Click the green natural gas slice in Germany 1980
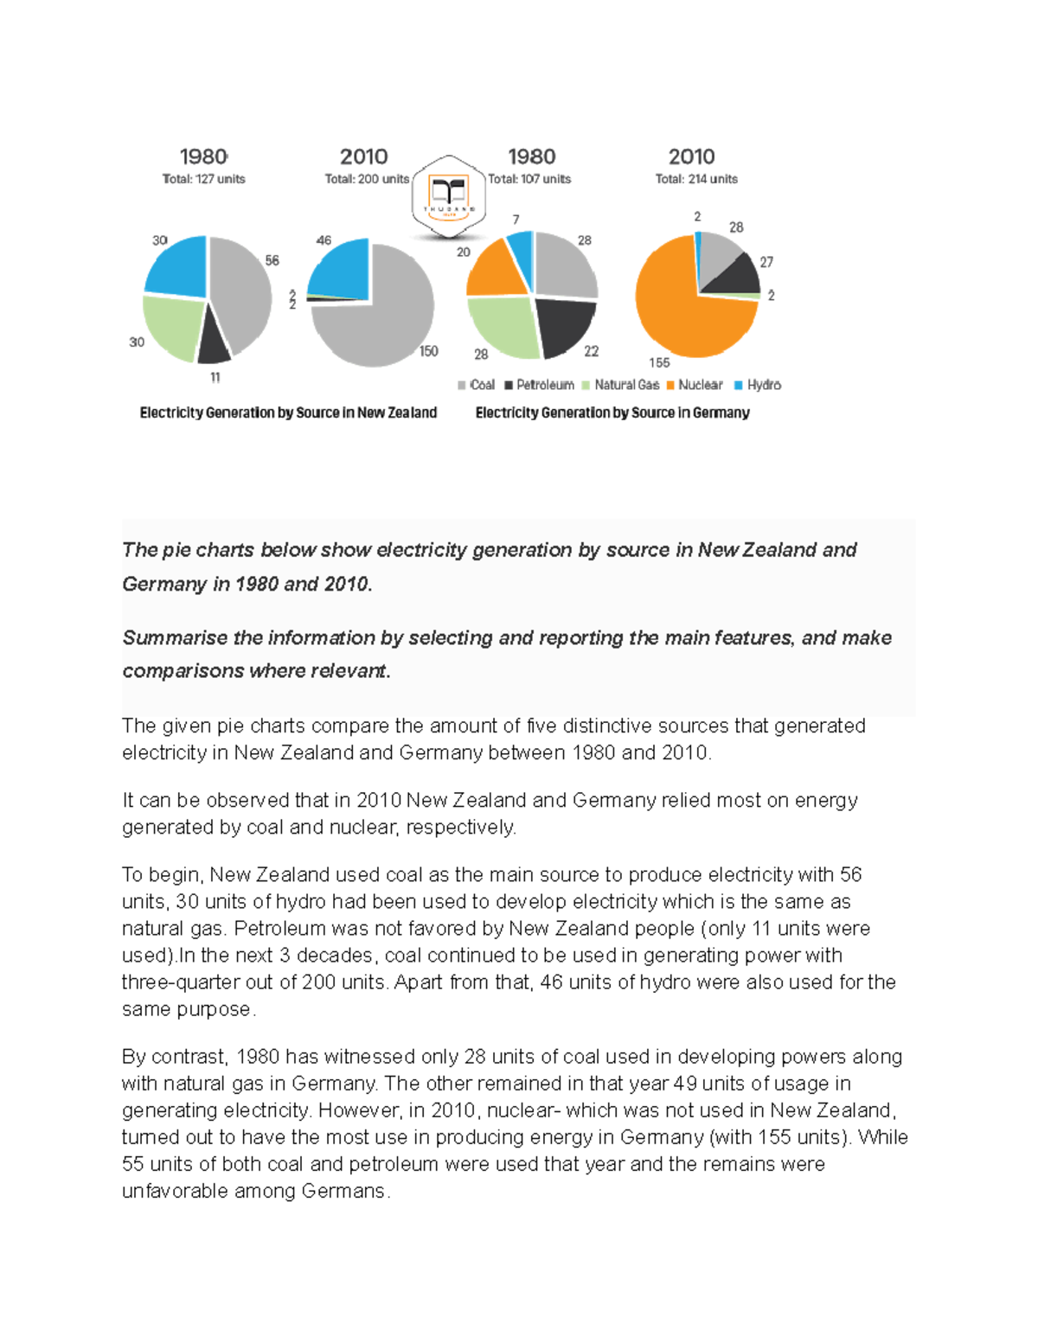[502, 324]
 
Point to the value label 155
[659, 363]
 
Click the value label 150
[428, 351]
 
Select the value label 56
[272, 260]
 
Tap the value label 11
[215, 377]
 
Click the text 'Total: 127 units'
[204, 179]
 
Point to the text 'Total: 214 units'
[696, 179]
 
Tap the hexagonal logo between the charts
[448, 197]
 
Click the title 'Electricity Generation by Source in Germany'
[612, 412]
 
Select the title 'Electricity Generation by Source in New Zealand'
[288, 412]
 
